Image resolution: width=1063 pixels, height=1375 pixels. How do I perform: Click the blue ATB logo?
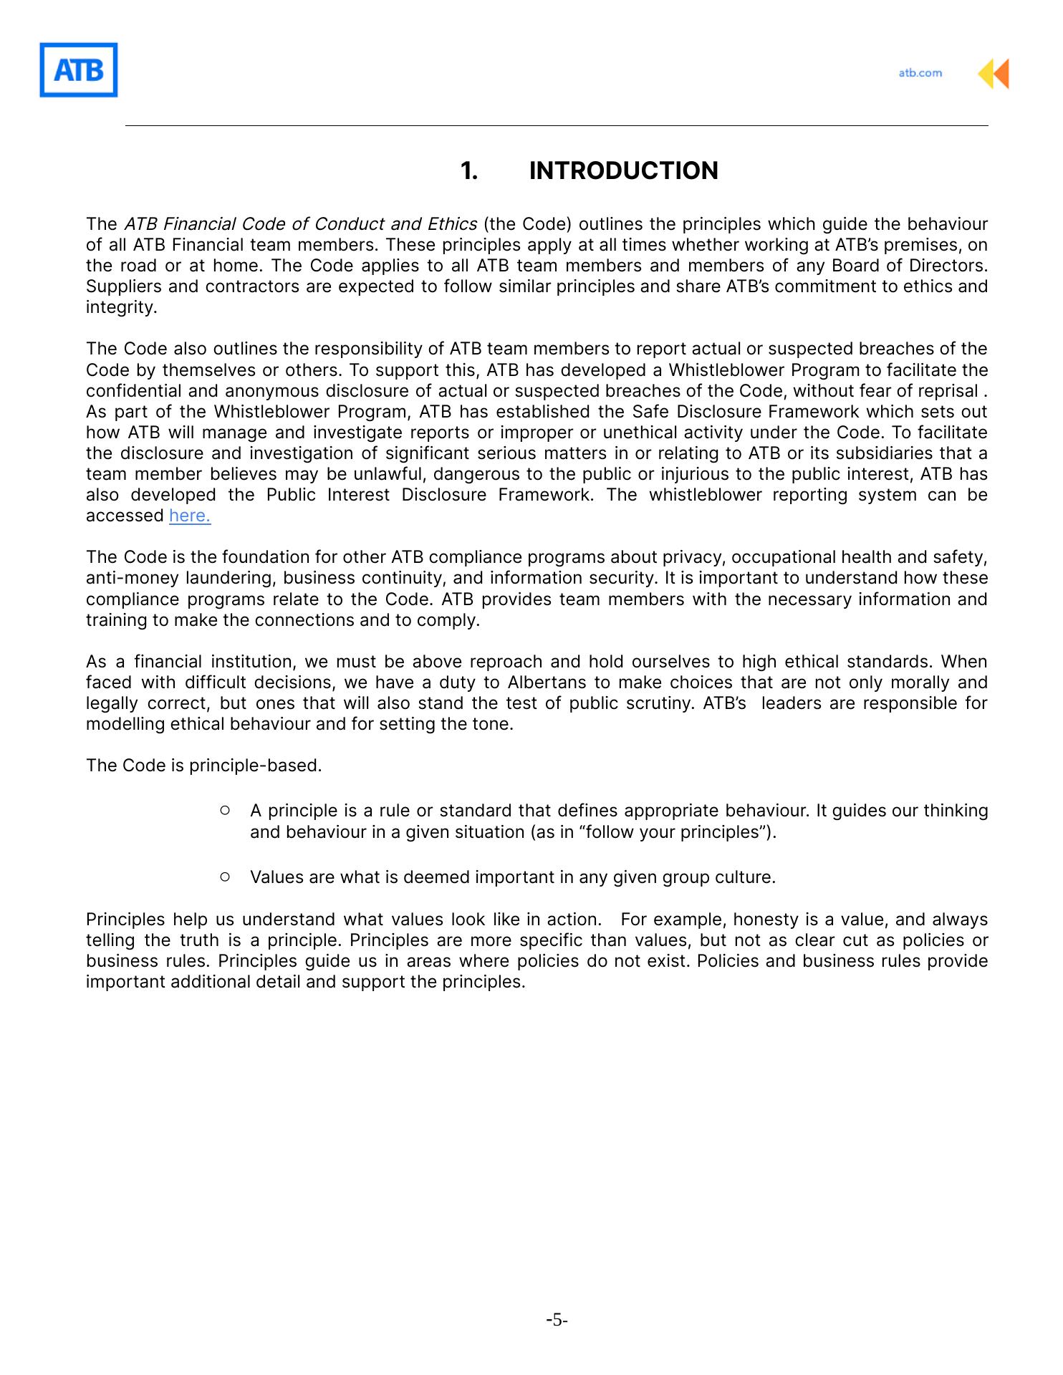tap(78, 70)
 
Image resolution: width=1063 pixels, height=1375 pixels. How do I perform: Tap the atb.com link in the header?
tap(920, 73)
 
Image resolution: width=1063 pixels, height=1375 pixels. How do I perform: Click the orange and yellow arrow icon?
tap(994, 74)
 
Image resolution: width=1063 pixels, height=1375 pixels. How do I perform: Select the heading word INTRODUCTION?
tap(623, 171)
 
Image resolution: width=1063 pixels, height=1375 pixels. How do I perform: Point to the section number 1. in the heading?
tap(469, 171)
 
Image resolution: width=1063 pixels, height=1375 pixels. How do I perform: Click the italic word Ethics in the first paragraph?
tap(452, 224)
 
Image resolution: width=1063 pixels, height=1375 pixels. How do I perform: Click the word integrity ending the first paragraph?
tap(120, 307)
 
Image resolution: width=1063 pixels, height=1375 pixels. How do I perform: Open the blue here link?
tap(190, 516)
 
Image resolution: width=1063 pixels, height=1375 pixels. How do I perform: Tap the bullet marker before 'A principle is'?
tap(225, 810)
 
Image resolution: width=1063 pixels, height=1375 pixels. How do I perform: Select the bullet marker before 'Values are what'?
tap(225, 877)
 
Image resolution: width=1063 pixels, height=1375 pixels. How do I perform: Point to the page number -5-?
tap(557, 1320)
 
